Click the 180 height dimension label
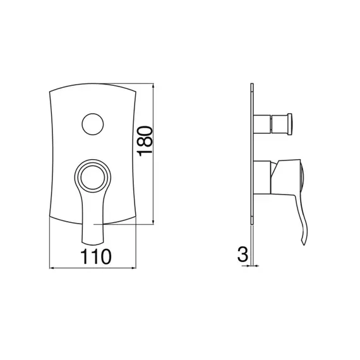[145, 141]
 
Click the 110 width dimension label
[96, 256]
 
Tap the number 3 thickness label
[243, 254]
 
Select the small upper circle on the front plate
[93, 124]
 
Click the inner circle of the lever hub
[93, 177]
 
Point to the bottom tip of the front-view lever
[93, 243]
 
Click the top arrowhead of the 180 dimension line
[153, 85]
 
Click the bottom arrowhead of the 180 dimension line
[153, 222]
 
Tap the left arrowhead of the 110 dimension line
[52, 268]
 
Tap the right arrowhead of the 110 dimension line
[134, 268]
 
